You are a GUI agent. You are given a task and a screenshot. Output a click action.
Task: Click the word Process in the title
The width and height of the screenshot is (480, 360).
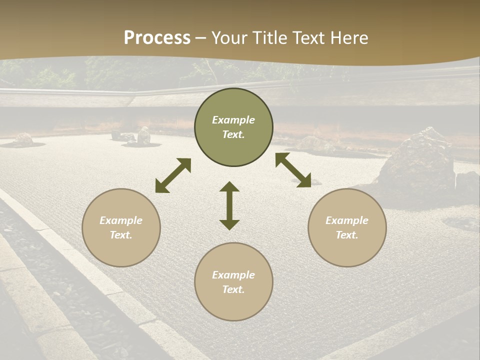tap(157, 38)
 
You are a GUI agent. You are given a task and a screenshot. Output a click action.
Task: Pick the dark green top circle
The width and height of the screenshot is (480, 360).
tap(233, 127)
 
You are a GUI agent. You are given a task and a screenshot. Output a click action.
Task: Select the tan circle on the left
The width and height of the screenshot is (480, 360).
tap(121, 227)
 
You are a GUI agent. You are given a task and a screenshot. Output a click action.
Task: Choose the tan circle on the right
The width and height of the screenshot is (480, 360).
tap(347, 227)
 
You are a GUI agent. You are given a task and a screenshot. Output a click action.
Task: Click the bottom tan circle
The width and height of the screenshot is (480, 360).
tap(233, 282)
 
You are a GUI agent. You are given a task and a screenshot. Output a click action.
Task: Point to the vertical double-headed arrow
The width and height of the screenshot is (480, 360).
tap(229, 206)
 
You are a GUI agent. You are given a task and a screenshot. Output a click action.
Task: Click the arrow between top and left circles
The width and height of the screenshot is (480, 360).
tap(173, 175)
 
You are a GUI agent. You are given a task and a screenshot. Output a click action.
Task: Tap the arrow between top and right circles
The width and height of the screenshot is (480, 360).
tap(293, 170)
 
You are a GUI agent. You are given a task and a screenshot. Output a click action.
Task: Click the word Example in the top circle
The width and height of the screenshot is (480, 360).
tap(233, 120)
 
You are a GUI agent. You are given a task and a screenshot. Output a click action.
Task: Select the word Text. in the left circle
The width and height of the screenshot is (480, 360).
tap(121, 235)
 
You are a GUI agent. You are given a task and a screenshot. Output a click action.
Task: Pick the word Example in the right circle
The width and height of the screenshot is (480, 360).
tap(347, 220)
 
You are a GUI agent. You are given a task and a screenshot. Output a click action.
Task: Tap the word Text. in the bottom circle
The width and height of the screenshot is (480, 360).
tap(233, 289)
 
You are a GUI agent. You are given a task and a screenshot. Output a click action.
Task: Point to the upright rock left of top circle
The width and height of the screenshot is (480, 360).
tap(144, 135)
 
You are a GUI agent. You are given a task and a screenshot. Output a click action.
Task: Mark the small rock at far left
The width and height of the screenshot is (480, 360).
tap(23, 139)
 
